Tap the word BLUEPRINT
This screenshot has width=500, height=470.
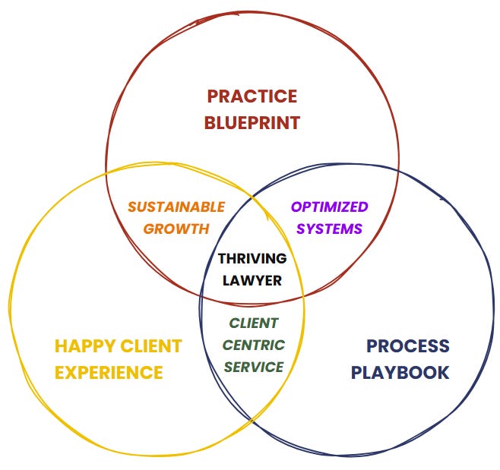[x=252, y=122]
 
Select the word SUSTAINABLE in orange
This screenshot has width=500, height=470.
[x=176, y=207]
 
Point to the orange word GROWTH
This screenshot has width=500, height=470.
[x=176, y=229]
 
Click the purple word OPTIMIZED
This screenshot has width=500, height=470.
[x=329, y=207]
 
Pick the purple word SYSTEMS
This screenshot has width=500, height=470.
[x=329, y=229]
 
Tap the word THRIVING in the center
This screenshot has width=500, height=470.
[x=252, y=258]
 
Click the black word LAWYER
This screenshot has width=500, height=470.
[x=252, y=280]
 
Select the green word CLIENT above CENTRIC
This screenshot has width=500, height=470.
[x=254, y=323]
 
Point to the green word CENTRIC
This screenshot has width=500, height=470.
[x=254, y=345]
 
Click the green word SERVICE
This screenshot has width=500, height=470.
[x=254, y=367]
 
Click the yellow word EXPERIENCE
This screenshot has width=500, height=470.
[x=109, y=373]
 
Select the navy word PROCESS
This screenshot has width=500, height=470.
[x=408, y=347]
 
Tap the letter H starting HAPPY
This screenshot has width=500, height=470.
[x=61, y=347]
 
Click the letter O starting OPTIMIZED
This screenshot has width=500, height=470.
[x=296, y=207]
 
